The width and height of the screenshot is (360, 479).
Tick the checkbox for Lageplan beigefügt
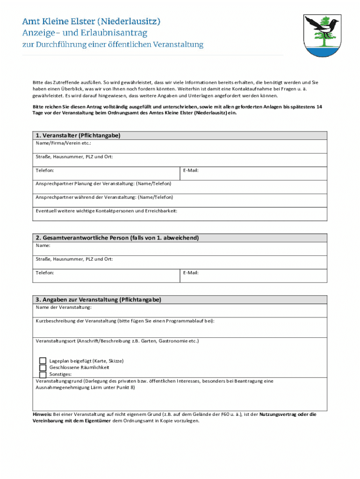[x=43, y=361]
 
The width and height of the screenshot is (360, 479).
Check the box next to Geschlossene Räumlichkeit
[x=43, y=368]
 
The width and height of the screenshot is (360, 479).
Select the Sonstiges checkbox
[x=43, y=374]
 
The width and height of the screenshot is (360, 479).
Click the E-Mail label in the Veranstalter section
[x=191, y=170]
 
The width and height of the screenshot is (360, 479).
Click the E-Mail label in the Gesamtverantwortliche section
[x=191, y=272]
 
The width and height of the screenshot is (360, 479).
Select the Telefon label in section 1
[x=45, y=170]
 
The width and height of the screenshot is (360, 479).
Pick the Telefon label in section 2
[x=45, y=272]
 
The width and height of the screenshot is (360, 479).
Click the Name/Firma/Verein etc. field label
[x=64, y=143]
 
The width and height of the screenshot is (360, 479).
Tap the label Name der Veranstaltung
[x=64, y=307]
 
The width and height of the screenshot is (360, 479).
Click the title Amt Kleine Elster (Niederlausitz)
[x=92, y=22]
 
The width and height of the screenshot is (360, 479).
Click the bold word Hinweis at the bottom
[x=42, y=414]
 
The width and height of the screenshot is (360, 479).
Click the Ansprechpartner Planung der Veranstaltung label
[x=103, y=184]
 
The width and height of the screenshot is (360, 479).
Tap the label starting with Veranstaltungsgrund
[x=57, y=381]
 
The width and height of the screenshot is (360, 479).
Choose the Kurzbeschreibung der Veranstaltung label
[x=125, y=321]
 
